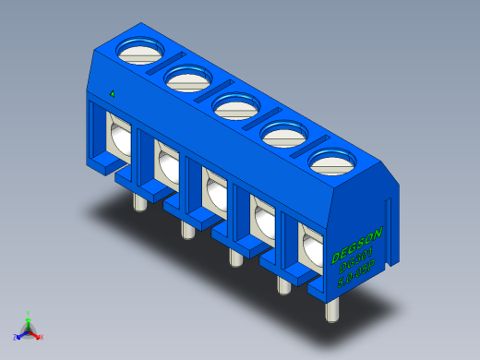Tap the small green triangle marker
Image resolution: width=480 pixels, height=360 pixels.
(112, 93)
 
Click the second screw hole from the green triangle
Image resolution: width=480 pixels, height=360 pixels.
(185, 78)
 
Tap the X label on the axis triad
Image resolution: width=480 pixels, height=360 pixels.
(41, 338)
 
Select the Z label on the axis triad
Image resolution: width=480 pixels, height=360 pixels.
(16, 337)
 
